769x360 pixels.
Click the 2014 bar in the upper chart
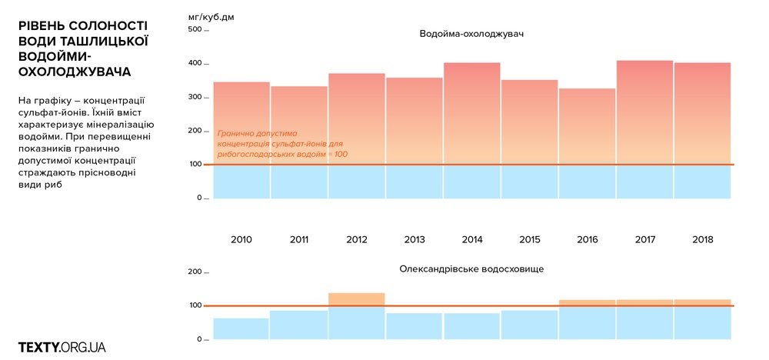point(472,131)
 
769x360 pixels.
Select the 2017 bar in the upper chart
point(644,129)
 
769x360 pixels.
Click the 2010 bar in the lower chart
point(241,328)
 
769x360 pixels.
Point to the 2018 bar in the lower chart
point(702,319)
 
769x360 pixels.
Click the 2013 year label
point(414,240)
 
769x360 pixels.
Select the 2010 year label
point(241,240)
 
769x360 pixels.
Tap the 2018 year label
point(702,240)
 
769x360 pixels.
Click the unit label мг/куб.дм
point(211,15)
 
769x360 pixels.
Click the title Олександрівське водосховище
point(471,269)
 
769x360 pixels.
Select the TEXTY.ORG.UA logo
point(62,347)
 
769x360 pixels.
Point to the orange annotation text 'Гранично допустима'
point(257,133)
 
